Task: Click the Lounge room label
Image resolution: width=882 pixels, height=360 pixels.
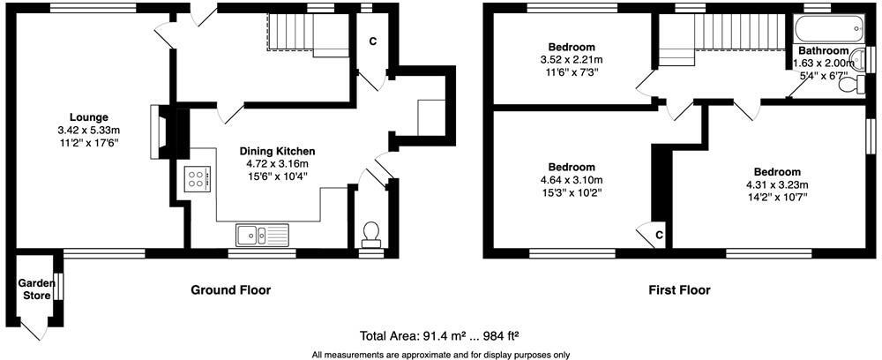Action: [x=88, y=116]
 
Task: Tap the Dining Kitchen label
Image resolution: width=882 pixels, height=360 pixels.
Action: [x=277, y=151]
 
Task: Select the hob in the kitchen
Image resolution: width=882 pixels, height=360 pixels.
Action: [x=198, y=180]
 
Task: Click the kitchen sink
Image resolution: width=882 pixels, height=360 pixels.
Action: [x=262, y=235]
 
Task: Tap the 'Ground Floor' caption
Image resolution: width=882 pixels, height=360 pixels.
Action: [x=231, y=289]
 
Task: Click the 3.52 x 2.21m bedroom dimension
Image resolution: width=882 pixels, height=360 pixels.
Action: [x=572, y=60]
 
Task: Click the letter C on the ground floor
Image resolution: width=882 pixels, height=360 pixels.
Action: [x=373, y=41]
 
